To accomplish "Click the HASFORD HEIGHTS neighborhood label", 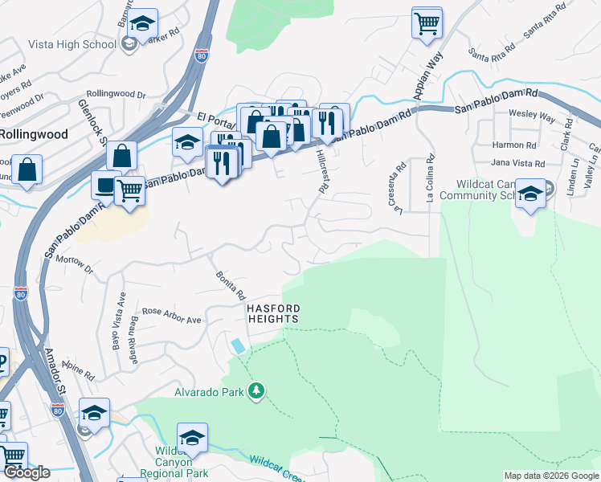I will [x=272, y=313].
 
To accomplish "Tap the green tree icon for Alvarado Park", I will [x=256, y=391].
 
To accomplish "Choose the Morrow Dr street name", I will [x=76, y=265].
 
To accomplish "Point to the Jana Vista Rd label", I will [x=517, y=163].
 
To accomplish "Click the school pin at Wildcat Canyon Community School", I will [x=530, y=194].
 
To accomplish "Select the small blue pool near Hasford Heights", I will [x=239, y=345].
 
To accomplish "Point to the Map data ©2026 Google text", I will [x=550, y=476].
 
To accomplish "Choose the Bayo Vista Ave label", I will [x=122, y=312].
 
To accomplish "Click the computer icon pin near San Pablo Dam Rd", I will [x=106, y=186].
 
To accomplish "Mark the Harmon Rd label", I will [x=514, y=145].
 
